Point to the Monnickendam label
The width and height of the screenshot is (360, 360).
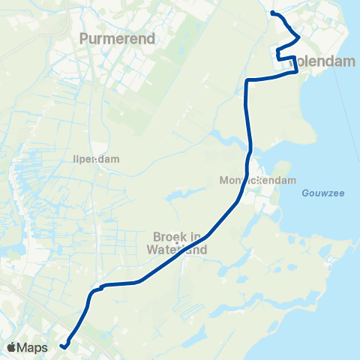(x=259, y=181)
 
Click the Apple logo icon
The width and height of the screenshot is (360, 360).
(x=13, y=347)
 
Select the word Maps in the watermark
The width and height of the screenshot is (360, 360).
(x=34, y=347)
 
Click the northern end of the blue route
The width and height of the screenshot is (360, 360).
(x=272, y=13)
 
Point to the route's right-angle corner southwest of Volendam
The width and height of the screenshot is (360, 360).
(x=247, y=79)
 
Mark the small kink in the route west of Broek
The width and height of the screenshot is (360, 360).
(x=98, y=286)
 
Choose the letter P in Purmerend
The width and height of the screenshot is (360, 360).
(x=83, y=37)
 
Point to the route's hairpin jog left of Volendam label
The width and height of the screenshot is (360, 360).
(x=278, y=53)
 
